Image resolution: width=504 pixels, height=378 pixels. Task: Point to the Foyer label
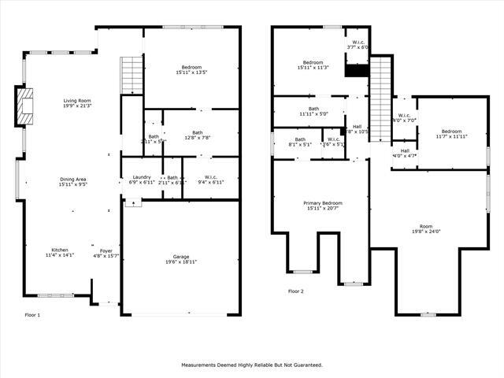[x=106, y=253]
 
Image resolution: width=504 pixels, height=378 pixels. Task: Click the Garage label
[x=180, y=259]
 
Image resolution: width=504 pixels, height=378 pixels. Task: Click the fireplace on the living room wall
[x=24, y=106]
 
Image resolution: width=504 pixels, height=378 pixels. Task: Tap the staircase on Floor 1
[x=131, y=76]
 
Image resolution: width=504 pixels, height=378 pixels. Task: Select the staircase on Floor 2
[x=380, y=87]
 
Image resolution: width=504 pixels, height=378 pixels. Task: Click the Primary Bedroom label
[x=323, y=206]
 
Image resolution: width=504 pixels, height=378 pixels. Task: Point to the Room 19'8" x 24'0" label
[x=426, y=229]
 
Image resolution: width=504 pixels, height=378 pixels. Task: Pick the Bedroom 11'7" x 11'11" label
[x=451, y=134]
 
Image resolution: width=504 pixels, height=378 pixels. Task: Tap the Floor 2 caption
[x=295, y=291]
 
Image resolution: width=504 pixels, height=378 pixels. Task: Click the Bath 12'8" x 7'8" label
[x=198, y=135]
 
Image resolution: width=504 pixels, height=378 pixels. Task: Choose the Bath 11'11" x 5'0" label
[x=313, y=112]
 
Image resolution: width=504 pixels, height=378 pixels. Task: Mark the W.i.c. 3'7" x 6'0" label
[x=358, y=45]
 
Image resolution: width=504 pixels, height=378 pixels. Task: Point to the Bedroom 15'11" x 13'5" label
[x=191, y=70]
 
